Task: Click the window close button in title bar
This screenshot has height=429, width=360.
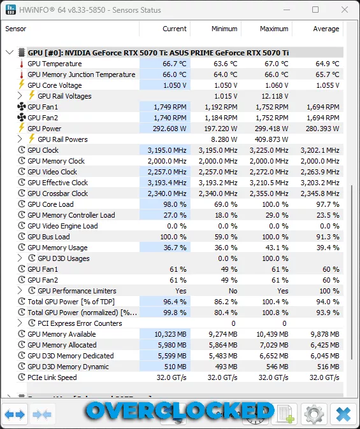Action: (344, 10)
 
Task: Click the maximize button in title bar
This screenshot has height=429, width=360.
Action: (315, 10)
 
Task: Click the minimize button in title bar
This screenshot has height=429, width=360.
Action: (287, 10)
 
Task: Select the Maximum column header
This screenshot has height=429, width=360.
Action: (274, 29)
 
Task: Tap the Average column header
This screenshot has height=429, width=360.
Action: (326, 29)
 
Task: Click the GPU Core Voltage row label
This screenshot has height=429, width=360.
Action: (54, 85)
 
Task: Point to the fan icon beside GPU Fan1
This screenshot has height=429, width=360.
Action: (21, 107)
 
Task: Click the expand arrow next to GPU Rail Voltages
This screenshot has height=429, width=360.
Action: (20, 96)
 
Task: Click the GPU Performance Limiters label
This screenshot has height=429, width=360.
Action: (77, 291)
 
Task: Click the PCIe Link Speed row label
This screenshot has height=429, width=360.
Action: (52, 377)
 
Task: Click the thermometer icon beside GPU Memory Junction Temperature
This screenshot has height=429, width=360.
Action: (21, 74)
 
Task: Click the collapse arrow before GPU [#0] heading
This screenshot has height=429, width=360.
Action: (9, 53)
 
